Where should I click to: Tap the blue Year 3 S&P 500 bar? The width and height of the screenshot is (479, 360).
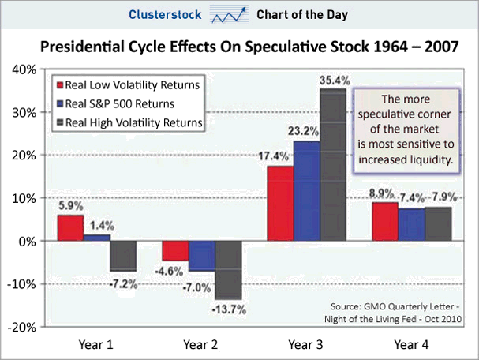pos(307,190)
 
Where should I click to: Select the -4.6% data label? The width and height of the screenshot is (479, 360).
pos(175,271)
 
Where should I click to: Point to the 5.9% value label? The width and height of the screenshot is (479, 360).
pos(70,207)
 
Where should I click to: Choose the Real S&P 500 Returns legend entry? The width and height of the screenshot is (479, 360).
pos(127,103)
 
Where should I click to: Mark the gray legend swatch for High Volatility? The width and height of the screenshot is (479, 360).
pos(59,122)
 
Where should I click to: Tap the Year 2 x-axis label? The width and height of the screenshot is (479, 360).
pos(201,344)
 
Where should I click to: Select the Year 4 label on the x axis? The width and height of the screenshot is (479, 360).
pos(411,344)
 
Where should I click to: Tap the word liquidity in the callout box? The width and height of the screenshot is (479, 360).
pos(428,159)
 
